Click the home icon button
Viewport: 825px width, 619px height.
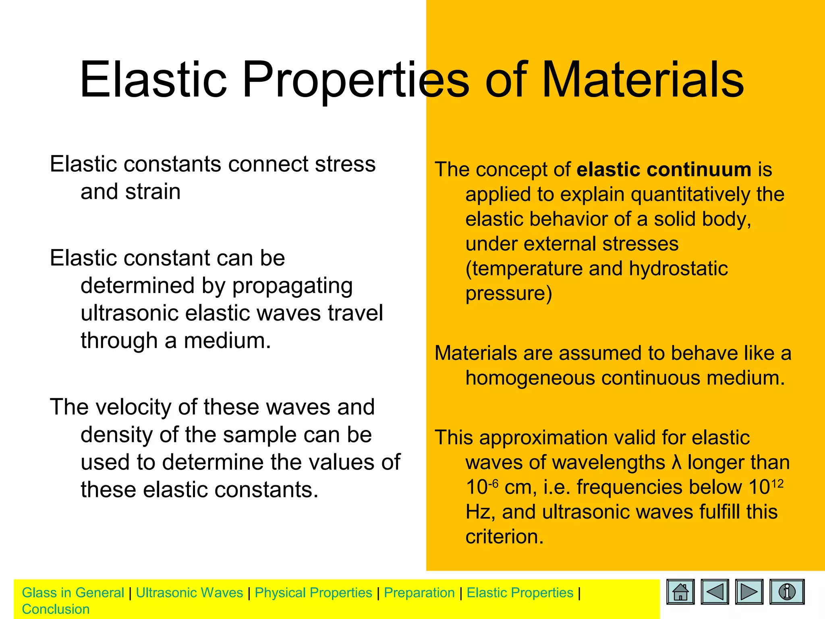pyautogui.click(x=680, y=592)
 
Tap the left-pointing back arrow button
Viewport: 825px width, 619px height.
pyautogui.click(x=715, y=592)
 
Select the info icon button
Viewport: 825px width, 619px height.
pyautogui.click(x=787, y=592)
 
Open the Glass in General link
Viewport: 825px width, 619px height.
pyautogui.click(x=73, y=593)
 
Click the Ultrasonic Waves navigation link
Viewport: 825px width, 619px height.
pyautogui.click(x=189, y=593)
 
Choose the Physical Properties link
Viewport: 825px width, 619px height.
pyautogui.click(x=313, y=593)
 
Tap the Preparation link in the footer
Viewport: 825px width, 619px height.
pyautogui.click(x=419, y=593)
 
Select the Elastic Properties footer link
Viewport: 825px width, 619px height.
pyautogui.click(x=520, y=593)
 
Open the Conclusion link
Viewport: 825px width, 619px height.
pyautogui.click(x=56, y=609)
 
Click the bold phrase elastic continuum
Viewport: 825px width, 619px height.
pyautogui.click(x=664, y=169)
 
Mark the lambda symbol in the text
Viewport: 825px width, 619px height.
pyautogui.click(x=677, y=463)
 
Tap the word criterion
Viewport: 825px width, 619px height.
pyautogui.click(x=504, y=537)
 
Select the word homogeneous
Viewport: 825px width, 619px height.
pyautogui.click(x=530, y=378)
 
